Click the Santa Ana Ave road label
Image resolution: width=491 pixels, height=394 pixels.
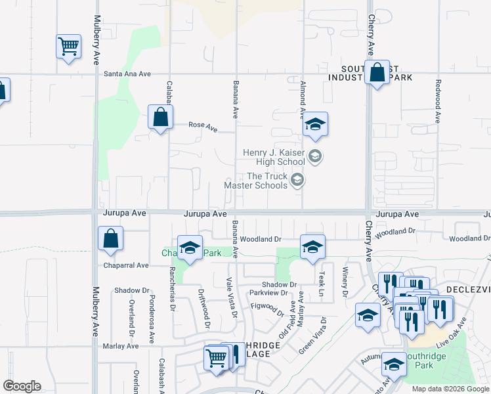[x=127, y=74]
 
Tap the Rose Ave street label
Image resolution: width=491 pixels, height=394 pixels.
[x=203, y=125]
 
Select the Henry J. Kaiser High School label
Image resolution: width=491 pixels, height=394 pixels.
[x=274, y=157]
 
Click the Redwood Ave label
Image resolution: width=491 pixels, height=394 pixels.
[x=437, y=102]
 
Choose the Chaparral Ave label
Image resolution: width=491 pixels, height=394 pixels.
[x=126, y=265]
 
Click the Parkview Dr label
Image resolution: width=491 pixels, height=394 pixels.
[x=274, y=292]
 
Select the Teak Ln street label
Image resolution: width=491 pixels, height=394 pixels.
[x=322, y=284]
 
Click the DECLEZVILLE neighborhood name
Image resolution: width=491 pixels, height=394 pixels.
[x=467, y=290]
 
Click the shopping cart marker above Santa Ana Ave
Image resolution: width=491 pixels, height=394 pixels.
[x=68, y=47]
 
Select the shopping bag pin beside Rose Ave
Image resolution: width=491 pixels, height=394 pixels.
[x=160, y=118]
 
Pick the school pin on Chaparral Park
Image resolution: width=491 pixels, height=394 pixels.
[x=190, y=248]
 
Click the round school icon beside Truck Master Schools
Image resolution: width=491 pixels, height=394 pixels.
[x=297, y=181]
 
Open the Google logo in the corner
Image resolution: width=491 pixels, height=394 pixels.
[x=22, y=386]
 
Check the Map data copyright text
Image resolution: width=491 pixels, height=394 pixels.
[x=450, y=389]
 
